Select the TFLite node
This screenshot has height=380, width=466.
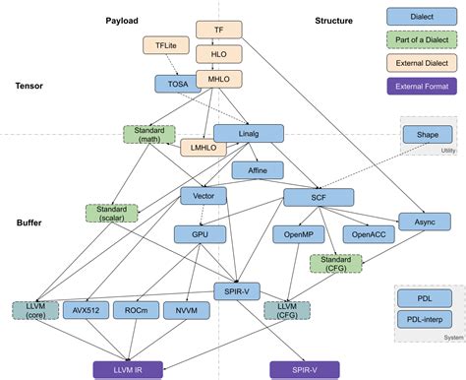(x=165, y=45)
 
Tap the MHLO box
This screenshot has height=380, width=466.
(x=218, y=76)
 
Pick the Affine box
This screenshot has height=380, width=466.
(x=257, y=169)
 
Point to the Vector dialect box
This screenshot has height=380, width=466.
(x=204, y=196)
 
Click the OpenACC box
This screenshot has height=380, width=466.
(x=369, y=234)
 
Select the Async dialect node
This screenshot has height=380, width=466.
(x=424, y=222)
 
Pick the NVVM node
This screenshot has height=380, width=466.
(x=185, y=310)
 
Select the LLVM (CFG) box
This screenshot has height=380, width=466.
(x=286, y=310)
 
